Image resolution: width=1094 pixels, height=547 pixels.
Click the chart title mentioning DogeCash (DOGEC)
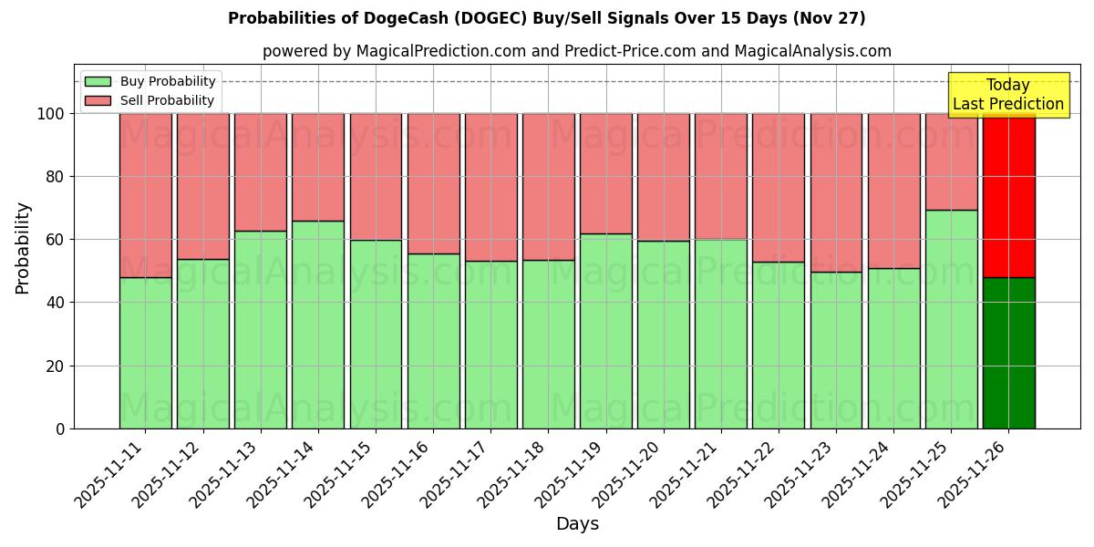pyautogui.click(x=546, y=18)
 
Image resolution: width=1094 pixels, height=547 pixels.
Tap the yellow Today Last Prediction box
pyautogui.click(x=1007, y=95)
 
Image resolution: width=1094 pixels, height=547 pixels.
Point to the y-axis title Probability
pyautogui.click(x=23, y=248)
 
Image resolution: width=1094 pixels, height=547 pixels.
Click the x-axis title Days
pyautogui.click(x=577, y=524)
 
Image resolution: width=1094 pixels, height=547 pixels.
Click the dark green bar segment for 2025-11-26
pyautogui.click(x=1008, y=353)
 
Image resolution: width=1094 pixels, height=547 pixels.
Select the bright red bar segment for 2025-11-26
pyautogui.click(x=1008, y=195)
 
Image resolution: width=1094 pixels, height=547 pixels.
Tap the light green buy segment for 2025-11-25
pyautogui.click(x=951, y=319)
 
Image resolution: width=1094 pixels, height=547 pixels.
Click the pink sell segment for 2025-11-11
pyautogui.click(x=145, y=195)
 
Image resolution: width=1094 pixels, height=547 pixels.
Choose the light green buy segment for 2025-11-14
pyautogui.click(x=318, y=325)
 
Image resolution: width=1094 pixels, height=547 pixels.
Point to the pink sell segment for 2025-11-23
pyautogui.click(x=836, y=192)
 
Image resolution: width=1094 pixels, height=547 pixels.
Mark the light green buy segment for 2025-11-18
pyautogui.click(x=549, y=344)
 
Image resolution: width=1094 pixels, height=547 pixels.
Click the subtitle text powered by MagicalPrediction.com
pyautogui.click(x=576, y=51)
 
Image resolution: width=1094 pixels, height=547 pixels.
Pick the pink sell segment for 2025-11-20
pyautogui.click(x=664, y=177)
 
